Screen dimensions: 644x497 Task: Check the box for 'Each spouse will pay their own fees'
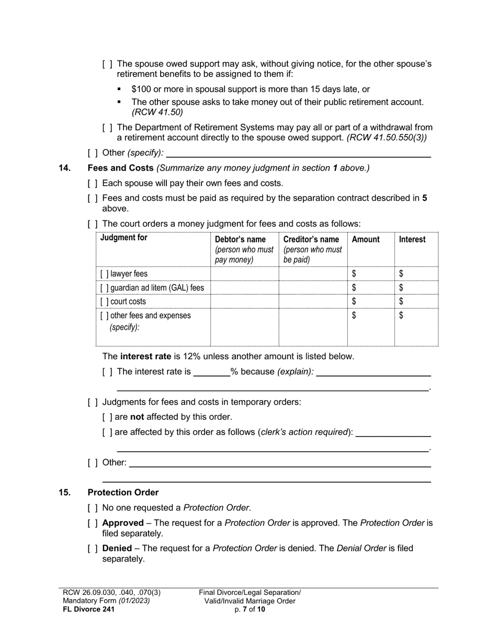point(93,183)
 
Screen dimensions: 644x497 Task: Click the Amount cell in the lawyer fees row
point(370,274)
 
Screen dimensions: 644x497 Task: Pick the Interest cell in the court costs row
point(416,302)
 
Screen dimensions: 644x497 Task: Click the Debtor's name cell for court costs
point(244,302)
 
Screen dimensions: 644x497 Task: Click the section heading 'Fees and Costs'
point(120,168)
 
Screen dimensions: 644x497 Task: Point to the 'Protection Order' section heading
point(123,493)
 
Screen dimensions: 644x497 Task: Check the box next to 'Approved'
point(93,523)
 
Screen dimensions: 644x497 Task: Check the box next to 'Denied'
point(93,549)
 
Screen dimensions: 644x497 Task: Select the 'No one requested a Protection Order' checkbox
point(93,507)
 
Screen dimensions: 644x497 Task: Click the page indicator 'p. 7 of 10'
point(250,609)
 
